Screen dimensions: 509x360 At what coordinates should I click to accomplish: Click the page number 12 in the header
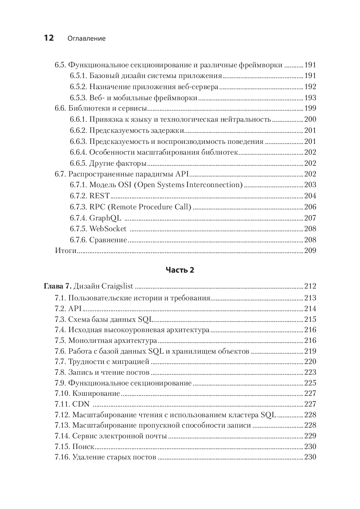[x=49, y=38]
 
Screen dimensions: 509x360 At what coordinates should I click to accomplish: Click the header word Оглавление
[x=87, y=38]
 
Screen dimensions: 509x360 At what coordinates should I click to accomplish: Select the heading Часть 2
[x=180, y=270]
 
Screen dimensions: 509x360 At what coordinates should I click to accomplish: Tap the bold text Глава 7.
[x=57, y=286]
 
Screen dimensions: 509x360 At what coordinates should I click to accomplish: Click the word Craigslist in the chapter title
[x=117, y=286]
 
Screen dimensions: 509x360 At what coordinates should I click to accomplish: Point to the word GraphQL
[x=105, y=218]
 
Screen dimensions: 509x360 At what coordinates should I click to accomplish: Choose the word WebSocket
[x=108, y=229]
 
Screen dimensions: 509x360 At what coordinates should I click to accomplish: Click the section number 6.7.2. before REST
[x=78, y=196]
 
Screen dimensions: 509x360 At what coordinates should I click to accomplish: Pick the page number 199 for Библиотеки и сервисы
[x=310, y=108]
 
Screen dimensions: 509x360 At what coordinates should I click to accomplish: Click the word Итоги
[x=65, y=250]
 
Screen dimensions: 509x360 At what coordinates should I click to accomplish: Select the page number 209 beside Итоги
[x=310, y=250]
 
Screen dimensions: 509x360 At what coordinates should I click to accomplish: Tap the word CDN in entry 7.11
[x=81, y=404]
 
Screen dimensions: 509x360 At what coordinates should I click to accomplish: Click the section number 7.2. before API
[x=60, y=309]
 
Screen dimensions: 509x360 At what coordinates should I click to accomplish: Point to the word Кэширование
[x=96, y=393]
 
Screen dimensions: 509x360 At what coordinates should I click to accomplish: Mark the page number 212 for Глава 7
[x=310, y=286]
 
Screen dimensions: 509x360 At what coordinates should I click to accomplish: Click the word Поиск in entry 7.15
[x=83, y=446]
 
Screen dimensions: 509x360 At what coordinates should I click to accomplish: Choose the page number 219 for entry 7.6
[x=310, y=351]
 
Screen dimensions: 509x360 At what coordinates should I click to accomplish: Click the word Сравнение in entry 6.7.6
[x=108, y=240]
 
